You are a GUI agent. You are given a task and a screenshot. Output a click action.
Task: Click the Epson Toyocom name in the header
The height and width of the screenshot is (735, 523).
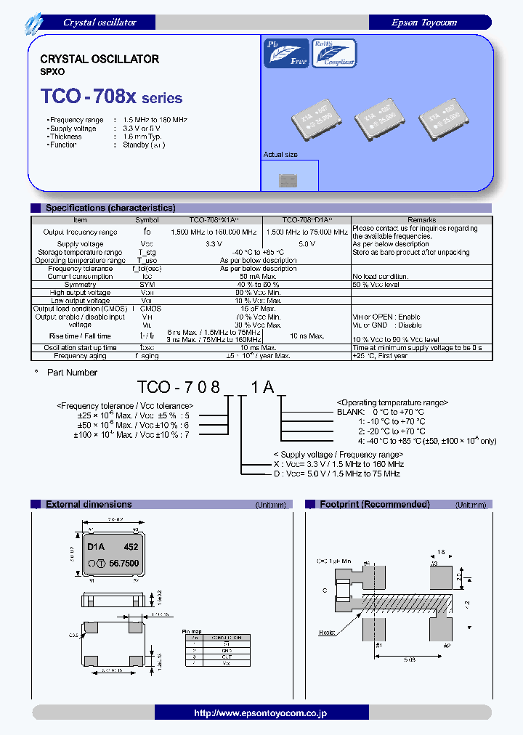[x=424, y=23]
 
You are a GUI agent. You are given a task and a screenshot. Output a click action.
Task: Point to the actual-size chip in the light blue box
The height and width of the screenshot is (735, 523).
[x=288, y=179]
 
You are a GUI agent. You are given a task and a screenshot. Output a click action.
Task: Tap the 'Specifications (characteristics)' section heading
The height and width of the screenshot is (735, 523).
[x=110, y=208]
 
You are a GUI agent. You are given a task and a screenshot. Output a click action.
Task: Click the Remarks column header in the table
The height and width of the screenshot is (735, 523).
[x=421, y=219]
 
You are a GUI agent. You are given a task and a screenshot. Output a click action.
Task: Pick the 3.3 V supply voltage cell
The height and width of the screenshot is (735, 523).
[x=214, y=244]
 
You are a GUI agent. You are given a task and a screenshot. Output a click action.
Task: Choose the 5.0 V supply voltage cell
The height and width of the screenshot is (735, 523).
[x=307, y=244]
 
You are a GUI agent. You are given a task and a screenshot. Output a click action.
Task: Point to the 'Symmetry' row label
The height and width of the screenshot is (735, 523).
[x=80, y=285]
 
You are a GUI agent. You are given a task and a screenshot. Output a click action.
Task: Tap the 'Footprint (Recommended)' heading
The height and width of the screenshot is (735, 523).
[x=375, y=504]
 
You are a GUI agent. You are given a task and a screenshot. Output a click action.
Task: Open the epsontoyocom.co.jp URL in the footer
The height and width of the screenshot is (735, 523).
[x=260, y=713]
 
